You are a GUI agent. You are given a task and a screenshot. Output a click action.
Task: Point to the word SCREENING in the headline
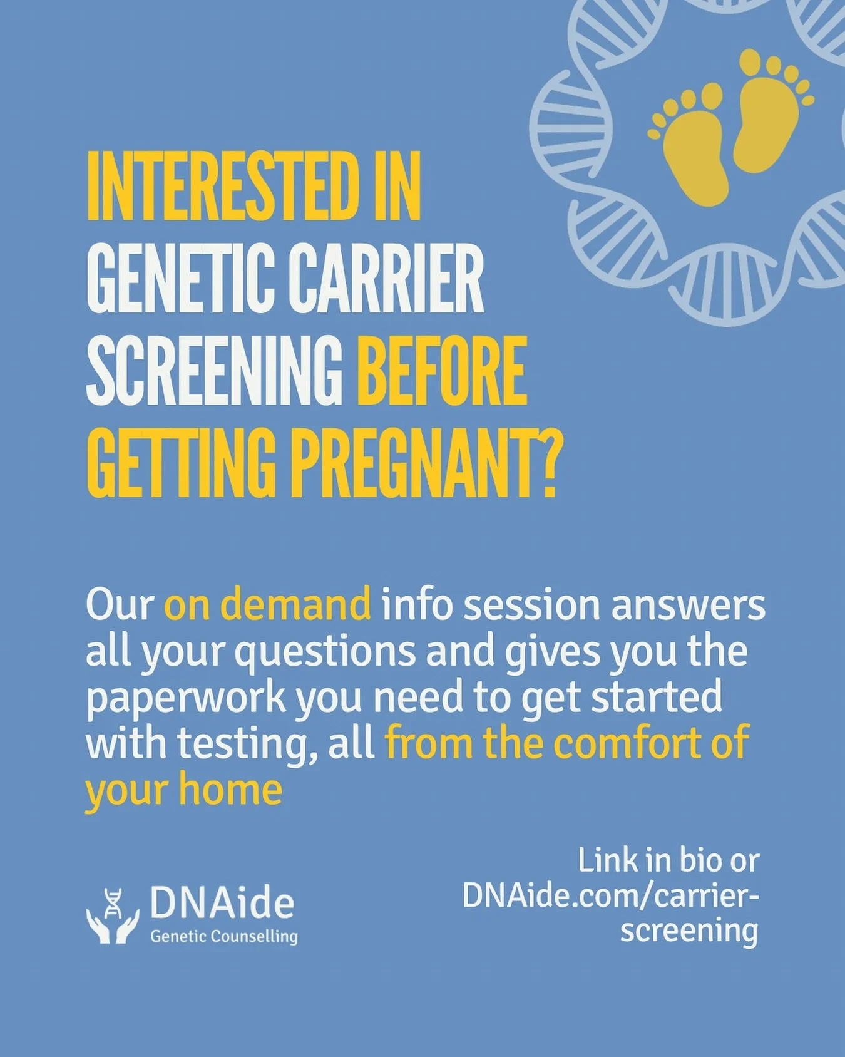[214, 371]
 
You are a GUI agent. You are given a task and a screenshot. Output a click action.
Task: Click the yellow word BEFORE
[442, 371]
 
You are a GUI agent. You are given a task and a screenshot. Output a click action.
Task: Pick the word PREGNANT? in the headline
[424, 463]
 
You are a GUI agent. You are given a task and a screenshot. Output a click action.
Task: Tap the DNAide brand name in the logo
[222, 903]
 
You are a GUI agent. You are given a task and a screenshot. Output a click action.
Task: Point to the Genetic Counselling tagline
[224, 937]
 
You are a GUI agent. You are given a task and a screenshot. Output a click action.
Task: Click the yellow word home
[230, 790]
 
